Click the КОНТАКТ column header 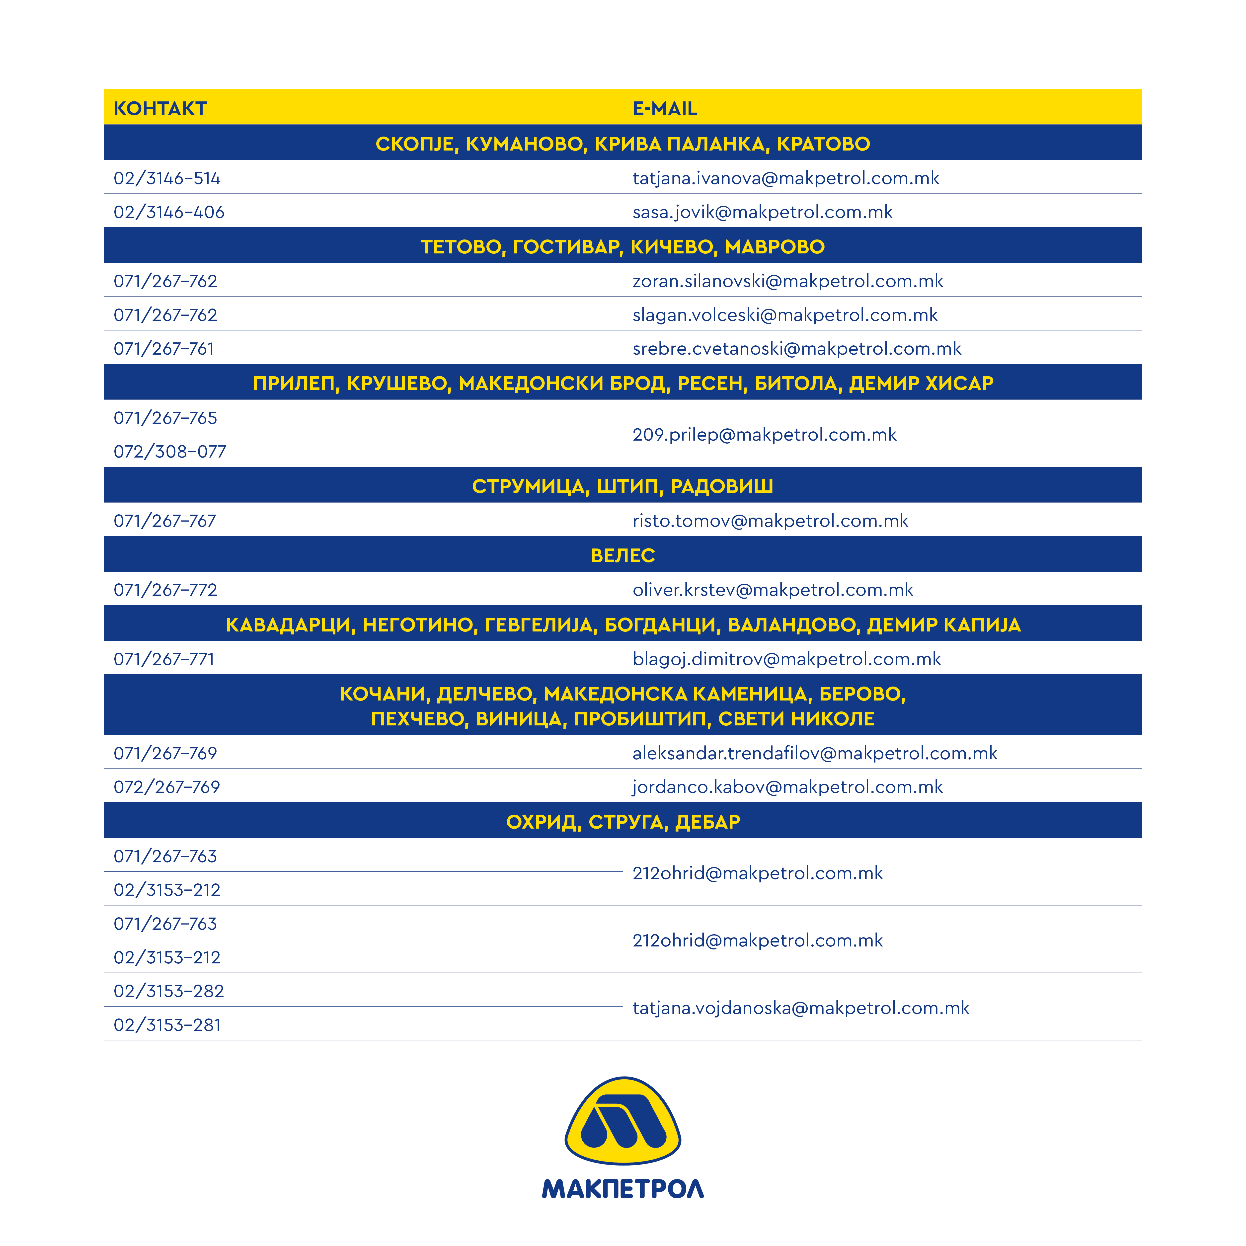(x=160, y=108)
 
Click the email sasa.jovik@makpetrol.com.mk (x=762, y=212)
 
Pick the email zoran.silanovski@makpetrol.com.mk (x=787, y=281)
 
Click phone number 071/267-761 (x=164, y=349)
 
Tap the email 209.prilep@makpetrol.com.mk (x=764, y=435)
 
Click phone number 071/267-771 (x=164, y=659)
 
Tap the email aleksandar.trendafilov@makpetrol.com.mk (x=815, y=753)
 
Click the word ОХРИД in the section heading (x=544, y=822)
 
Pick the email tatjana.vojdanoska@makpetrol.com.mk (x=800, y=1008)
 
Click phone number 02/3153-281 (x=167, y=1025)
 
